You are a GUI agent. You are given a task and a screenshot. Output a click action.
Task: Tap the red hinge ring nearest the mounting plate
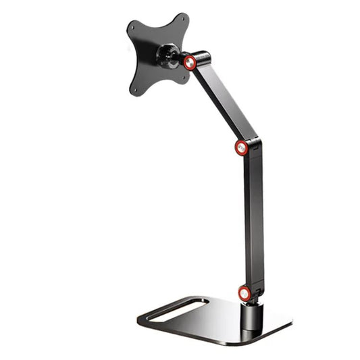pyautogui.click(x=190, y=61)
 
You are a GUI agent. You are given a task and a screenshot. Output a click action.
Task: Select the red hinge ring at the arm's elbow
pyautogui.click(x=242, y=147)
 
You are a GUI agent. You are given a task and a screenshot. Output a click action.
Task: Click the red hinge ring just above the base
pyautogui.click(x=245, y=292)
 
